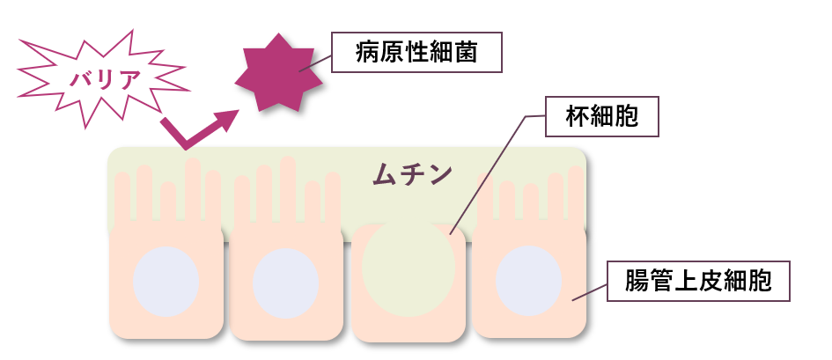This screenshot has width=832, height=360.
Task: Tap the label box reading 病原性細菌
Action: (x=416, y=53)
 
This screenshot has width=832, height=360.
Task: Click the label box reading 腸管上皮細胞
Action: (x=697, y=282)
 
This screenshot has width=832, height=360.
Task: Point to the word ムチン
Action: (x=411, y=173)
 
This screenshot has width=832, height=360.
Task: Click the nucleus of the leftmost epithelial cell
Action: (x=166, y=281)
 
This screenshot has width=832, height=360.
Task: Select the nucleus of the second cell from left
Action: (x=285, y=283)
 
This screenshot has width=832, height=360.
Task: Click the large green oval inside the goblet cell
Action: (x=409, y=268)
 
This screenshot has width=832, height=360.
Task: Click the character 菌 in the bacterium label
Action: (x=468, y=53)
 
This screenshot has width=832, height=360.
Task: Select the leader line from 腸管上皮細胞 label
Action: (x=590, y=293)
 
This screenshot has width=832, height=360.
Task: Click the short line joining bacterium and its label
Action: (x=316, y=62)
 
